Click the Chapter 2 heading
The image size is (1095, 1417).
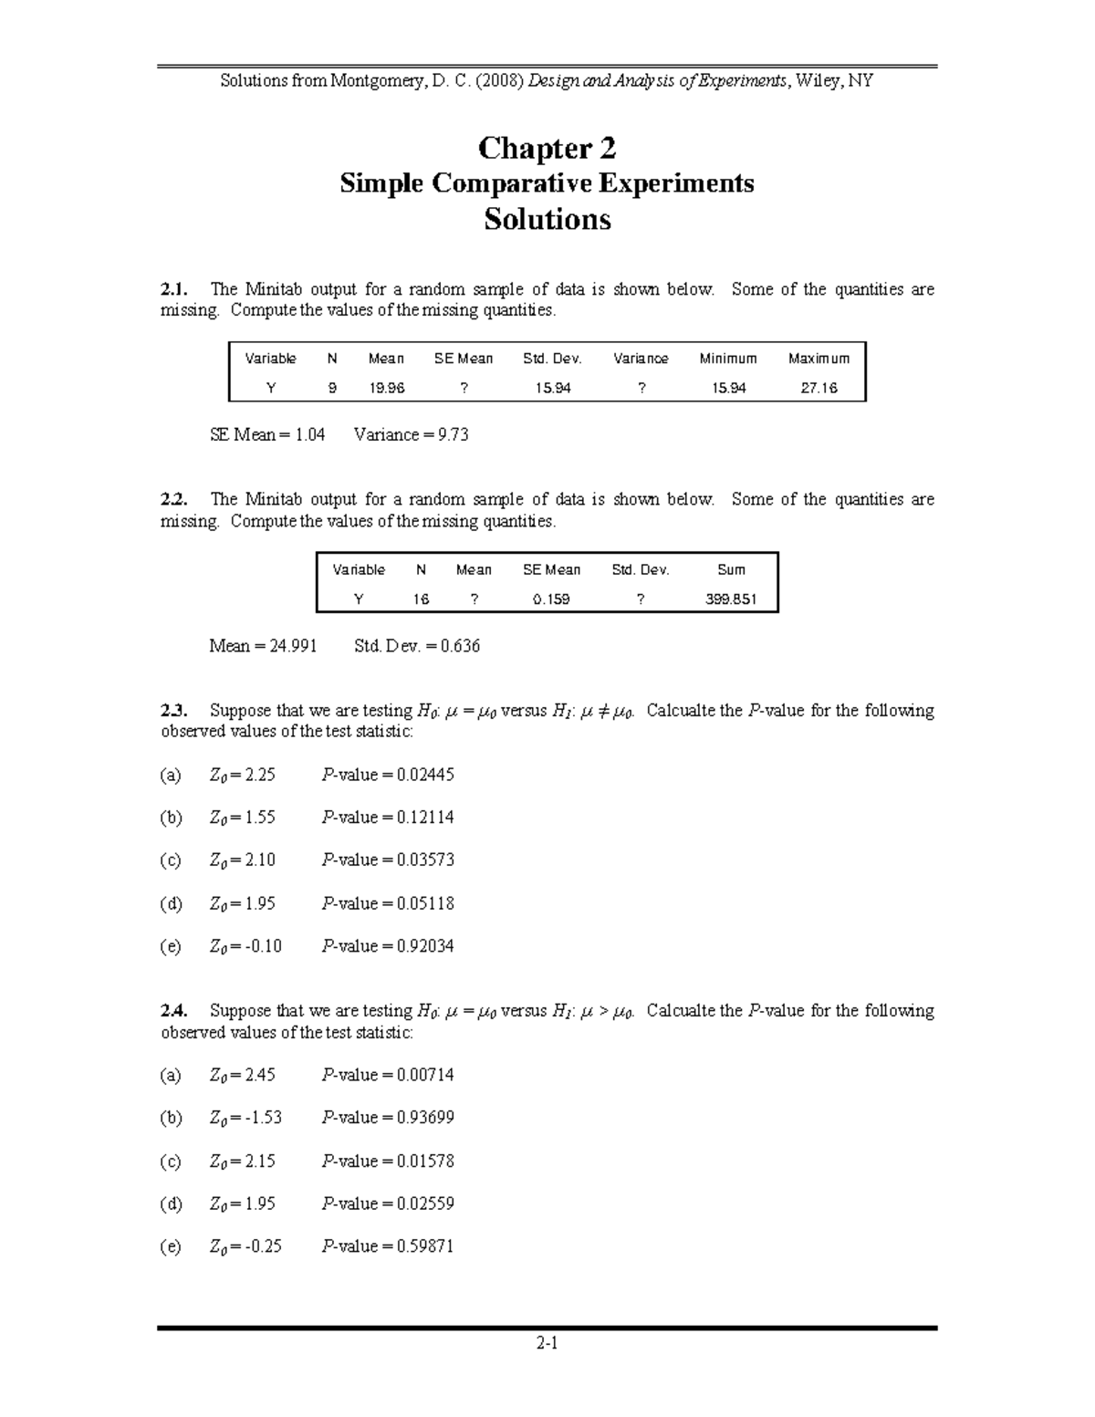tap(547, 148)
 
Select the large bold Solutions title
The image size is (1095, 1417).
tap(547, 220)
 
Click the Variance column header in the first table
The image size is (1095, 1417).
tap(641, 359)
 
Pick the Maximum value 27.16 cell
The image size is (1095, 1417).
tap(819, 388)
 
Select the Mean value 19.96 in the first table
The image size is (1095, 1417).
tap(386, 388)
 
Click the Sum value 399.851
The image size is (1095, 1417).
tap(731, 599)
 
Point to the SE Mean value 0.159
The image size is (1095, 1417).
tap(551, 599)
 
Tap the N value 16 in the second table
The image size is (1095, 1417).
tap(421, 599)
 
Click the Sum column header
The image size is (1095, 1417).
tap(731, 570)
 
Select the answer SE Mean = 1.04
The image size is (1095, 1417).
tap(267, 435)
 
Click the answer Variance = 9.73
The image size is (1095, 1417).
tap(411, 435)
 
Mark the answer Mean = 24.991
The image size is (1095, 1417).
tap(264, 646)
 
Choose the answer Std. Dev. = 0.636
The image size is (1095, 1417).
tap(416, 646)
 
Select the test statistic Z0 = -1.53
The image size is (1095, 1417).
tap(245, 1118)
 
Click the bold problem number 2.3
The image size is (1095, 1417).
tap(173, 711)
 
